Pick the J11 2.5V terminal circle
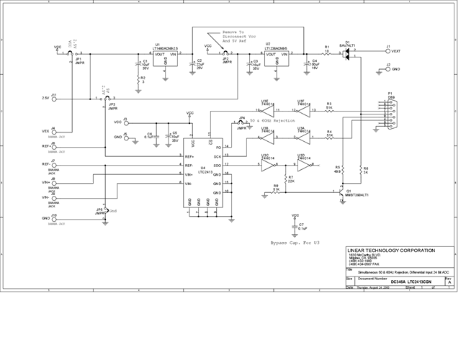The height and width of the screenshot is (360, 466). (x=53, y=97)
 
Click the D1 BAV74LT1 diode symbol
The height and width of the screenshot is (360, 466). (x=348, y=53)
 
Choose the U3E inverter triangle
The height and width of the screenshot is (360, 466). (x=264, y=110)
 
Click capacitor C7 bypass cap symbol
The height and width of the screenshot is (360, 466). (x=295, y=227)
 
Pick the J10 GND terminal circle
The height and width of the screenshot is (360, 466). (x=53, y=217)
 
